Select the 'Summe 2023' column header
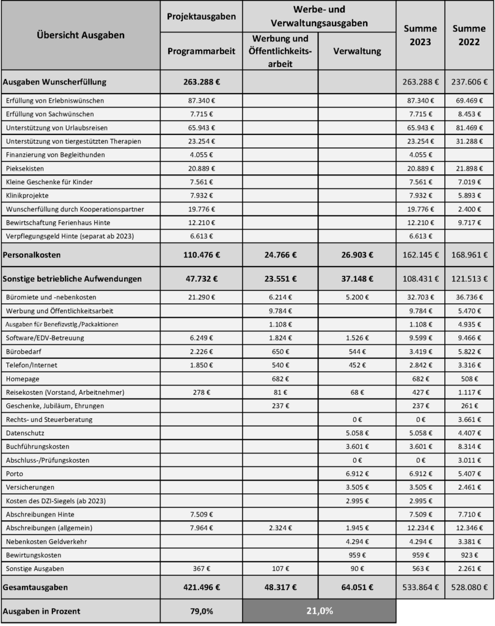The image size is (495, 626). pyautogui.click(x=420, y=35)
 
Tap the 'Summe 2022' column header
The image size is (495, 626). pyautogui.click(x=469, y=35)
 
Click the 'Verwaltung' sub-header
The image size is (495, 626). pyautogui.click(x=357, y=51)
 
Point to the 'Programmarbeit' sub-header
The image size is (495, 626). pyautogui.click(x=201, y=51)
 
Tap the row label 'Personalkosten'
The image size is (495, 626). pyautogui.click(x=32, y=254)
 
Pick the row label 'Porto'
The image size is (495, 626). pyautogui.click(x=13, y=473)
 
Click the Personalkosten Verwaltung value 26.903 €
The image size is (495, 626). pyautogui.click(x=357, y=254)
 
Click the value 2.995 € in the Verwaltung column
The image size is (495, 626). pyautogui.click(x=357, y=501)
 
